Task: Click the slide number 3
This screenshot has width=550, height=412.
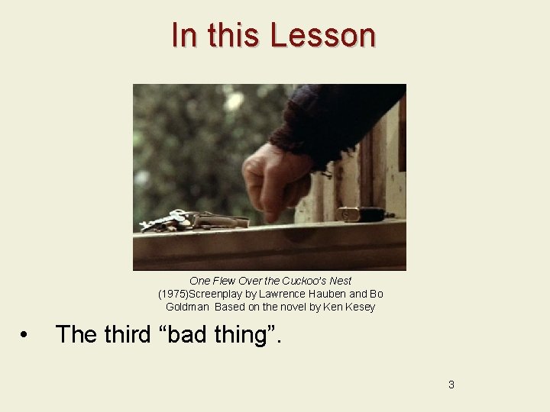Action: click(x=451, y=385)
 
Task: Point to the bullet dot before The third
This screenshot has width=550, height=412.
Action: click(x=25, y=336)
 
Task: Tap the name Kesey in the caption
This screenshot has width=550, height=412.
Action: click(x=361, y=307)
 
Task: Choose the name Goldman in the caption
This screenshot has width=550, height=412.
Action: click(x=188, y=307)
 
